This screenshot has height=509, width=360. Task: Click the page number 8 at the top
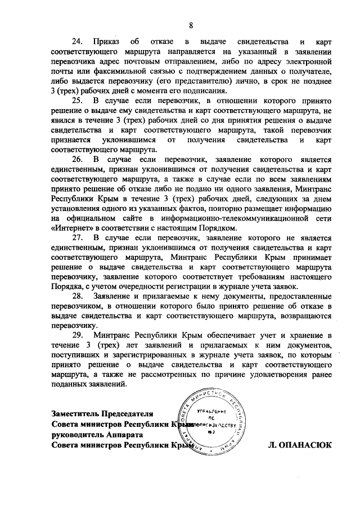pos(191,24)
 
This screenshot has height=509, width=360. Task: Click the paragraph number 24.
pos(76,42)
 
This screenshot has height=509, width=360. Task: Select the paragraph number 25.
pos(76,100)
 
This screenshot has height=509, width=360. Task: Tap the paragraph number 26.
pos(76,159)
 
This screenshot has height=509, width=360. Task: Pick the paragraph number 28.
pos(76,296)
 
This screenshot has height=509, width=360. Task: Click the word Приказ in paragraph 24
pos(106,42)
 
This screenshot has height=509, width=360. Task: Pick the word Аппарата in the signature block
pos(130,435)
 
